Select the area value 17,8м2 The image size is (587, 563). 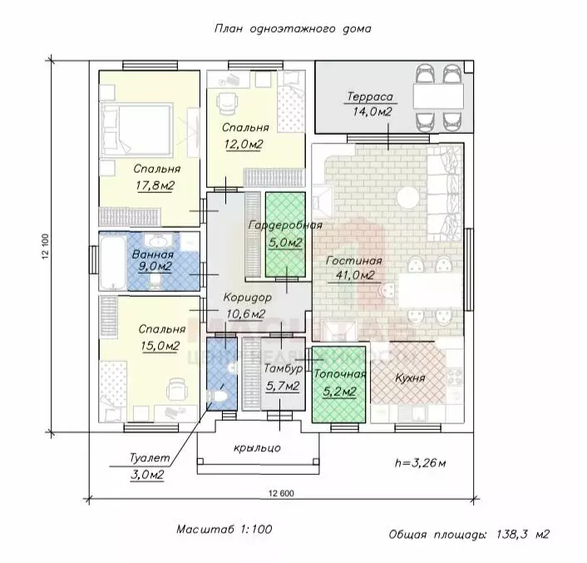coord(155,185)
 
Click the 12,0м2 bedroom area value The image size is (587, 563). coord(244,144)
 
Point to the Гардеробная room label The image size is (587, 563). coord(285,225)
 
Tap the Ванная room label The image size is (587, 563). coord(151,254)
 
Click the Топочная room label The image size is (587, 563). coord(339,374)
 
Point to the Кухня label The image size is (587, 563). coord(410,378)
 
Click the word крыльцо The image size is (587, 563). coord(258,447)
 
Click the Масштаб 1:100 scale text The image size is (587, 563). coord(224,529)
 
